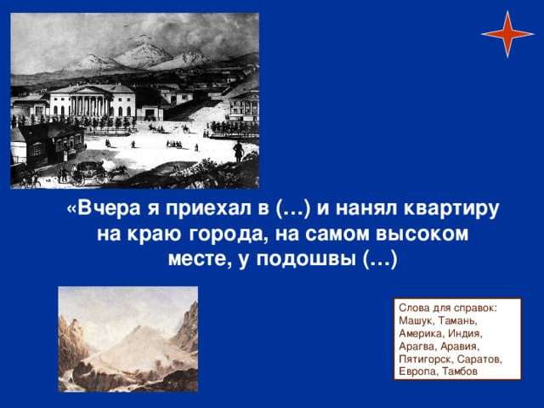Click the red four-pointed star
pyautogui.click(x=507, y=34)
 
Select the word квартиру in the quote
pyautogui.click(x=451, y=209)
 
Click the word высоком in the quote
pyautogui.click(x=422, y=235)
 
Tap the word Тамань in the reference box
pyautogui.click(x=457, y=320)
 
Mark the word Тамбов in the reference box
pyautogui.click(x=460, y=371)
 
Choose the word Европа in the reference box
pyautogui.click(x=418, y=371)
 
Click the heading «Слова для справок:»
pyautogui.click(x=448, y=308)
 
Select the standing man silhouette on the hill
pyautogui.click(x=238, y=151)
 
